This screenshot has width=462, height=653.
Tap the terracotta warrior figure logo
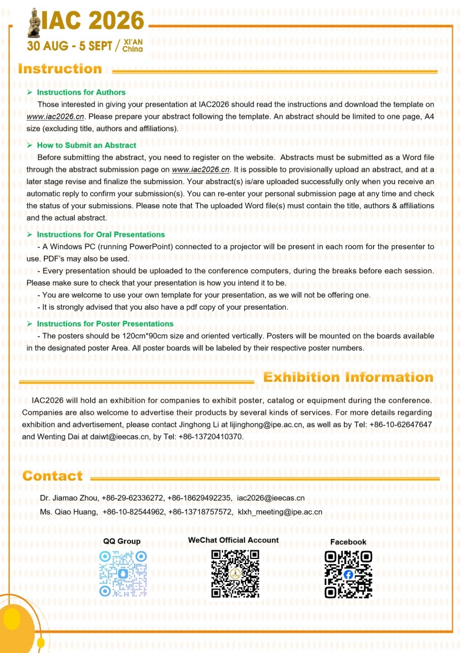[33, 21]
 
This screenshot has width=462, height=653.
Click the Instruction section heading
[60, 69]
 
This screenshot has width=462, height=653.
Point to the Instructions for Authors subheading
[81, 92]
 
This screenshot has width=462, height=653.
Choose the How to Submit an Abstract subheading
[87, 145]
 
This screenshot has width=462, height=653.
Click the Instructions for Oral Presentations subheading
[100, 235]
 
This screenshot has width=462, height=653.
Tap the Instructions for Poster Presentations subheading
[105, 324]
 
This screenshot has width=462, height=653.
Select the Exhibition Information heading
[348, 378]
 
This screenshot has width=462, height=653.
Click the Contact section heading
[53, 476]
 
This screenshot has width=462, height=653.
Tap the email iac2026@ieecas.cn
[271, 498]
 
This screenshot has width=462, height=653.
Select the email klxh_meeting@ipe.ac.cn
[280, 512]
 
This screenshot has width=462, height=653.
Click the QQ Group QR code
[122, 573]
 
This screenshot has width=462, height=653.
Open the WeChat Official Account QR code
[234, 573]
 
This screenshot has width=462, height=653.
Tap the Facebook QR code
[348, 575]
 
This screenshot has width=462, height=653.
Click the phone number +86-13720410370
[209, 437]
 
